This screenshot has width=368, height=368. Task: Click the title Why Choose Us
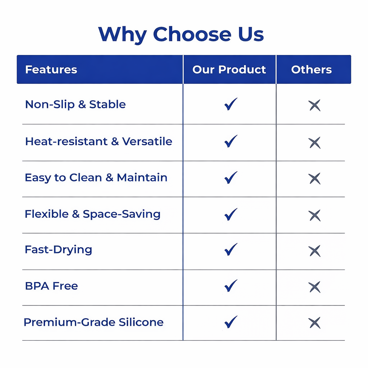coord(181,34)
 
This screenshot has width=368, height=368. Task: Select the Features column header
coord(51,69)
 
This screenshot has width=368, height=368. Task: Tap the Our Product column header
coord(229,69)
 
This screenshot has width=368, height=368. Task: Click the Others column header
coord(312,69)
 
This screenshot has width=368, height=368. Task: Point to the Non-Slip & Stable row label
coord(75,105)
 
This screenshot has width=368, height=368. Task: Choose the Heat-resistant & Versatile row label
coord(98,141)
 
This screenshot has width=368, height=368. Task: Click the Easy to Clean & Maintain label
coord(96,178)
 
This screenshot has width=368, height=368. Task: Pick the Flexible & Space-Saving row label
coord(92,214)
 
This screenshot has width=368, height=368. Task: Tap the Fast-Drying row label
coord(59,250)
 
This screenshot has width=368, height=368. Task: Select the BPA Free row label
coord(51,286)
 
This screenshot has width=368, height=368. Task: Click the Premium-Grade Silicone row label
coord(94,322)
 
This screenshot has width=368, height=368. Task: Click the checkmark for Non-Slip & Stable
coord(231,104)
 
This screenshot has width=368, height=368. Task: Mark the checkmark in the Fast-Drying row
coord(231,249)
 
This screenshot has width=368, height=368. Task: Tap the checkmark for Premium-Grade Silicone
coord(231,322)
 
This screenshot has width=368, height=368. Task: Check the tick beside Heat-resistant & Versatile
coord(231,141)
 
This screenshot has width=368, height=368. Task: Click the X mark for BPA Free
coord(314,287)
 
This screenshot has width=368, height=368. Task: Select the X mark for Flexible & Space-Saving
coord(314,216)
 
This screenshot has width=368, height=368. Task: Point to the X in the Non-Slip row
coord(314,105)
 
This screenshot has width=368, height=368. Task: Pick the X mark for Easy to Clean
coord(314,179)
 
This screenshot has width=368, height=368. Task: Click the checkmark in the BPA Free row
coord(231,286)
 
